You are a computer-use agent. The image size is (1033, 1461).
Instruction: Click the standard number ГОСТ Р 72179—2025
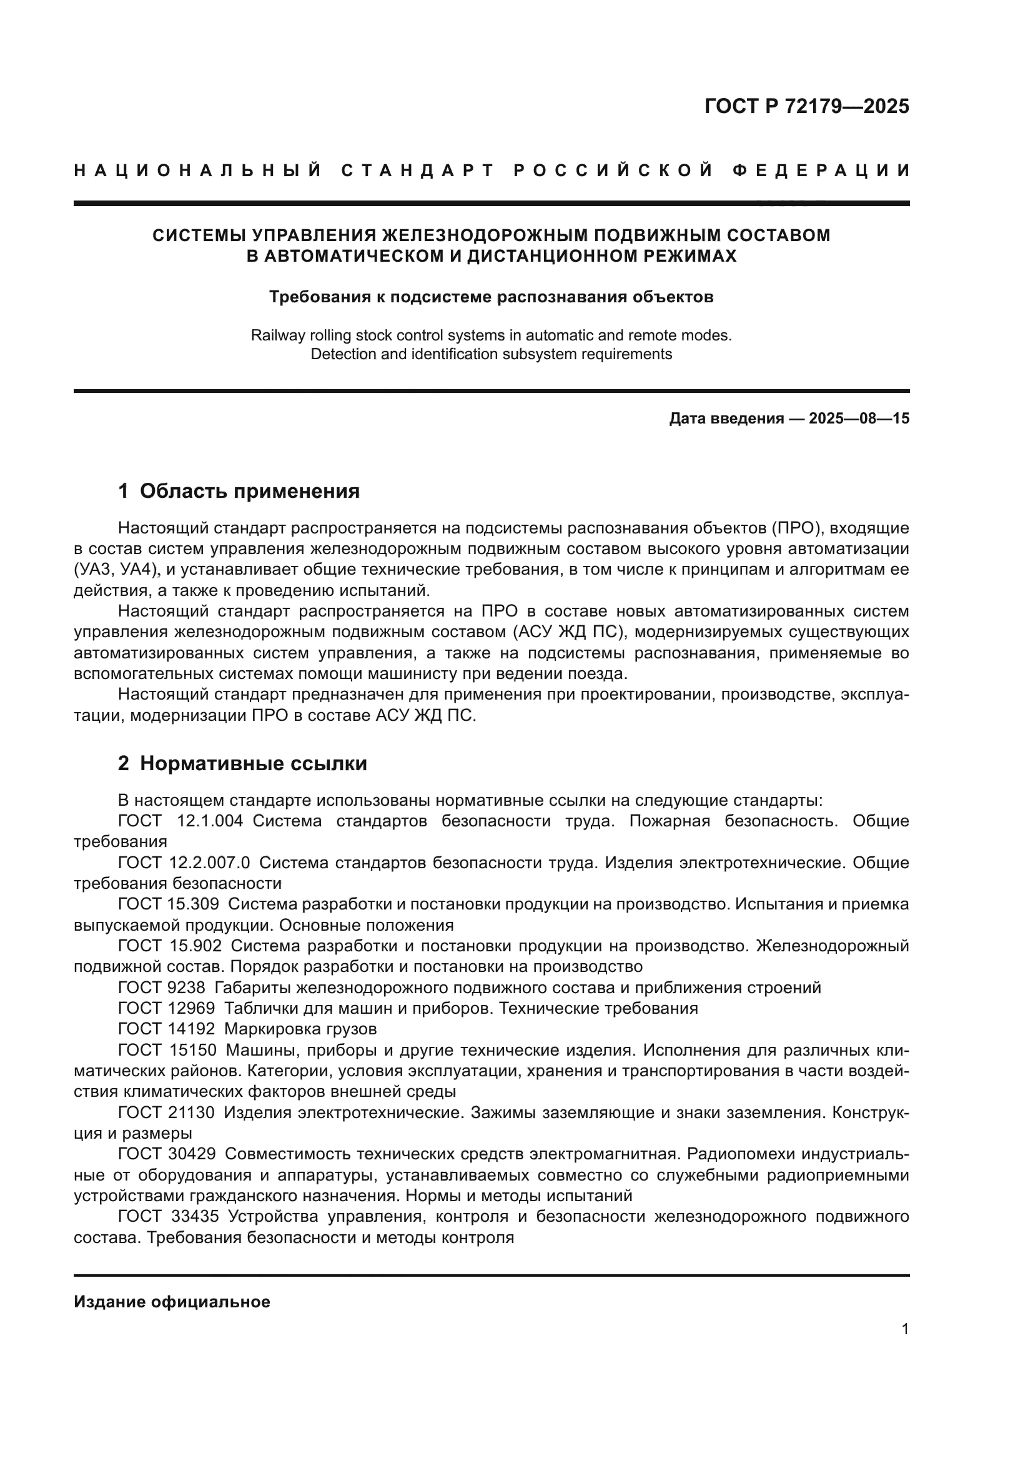806,106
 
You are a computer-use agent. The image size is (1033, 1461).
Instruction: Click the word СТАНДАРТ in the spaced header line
417,171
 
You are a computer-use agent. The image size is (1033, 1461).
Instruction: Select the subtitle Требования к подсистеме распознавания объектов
491,297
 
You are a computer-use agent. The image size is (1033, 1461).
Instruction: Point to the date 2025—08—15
859,418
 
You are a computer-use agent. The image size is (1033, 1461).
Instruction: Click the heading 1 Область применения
239,491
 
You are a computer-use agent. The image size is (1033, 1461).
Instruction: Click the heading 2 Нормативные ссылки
242,763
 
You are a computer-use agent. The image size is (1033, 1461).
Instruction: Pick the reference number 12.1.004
209,821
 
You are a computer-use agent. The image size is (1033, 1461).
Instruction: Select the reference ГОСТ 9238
162,988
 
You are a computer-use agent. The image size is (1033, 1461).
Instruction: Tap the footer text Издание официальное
172,1302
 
